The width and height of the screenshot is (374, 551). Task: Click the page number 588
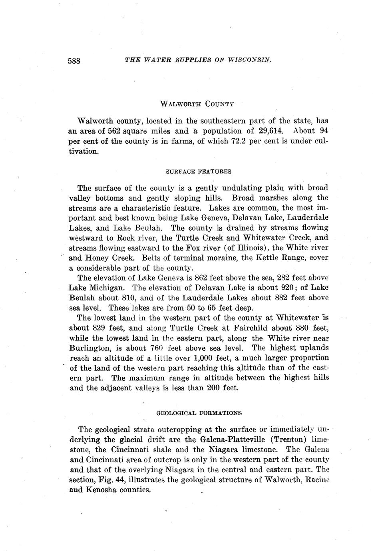(74, 61)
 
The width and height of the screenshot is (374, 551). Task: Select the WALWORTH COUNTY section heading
(197, 104)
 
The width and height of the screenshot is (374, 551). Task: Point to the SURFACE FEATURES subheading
(198, 171)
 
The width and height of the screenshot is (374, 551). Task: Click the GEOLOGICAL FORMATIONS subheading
(199, 413)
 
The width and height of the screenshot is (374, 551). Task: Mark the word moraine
(222, 258)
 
